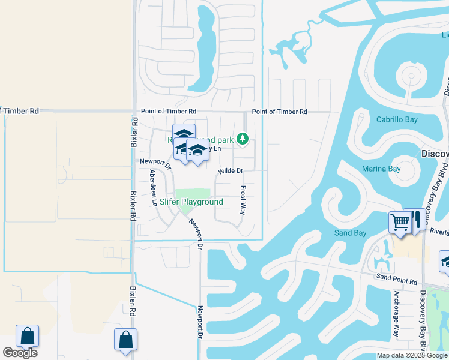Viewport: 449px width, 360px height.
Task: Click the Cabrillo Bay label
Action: (397, 120)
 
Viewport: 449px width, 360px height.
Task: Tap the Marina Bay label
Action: (381, 169)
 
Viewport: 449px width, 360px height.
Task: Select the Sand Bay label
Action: (350, 233)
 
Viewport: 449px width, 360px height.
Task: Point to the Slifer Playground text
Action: (191, 202)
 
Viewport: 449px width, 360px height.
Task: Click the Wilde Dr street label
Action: (230, 171)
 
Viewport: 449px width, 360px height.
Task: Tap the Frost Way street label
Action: (243, 200)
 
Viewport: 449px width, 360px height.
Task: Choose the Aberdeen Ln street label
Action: (154, 188)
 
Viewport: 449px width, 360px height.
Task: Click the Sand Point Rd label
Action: (396, 281)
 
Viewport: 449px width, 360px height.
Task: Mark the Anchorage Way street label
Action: (396, 317)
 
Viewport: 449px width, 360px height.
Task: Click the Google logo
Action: (20, 353)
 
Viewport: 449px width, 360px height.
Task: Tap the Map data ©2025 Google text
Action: (412, 355)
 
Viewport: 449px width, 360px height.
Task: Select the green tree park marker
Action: (242, 139)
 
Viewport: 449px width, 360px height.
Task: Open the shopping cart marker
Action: (400, 223)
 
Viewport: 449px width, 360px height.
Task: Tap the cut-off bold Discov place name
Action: (435, 154)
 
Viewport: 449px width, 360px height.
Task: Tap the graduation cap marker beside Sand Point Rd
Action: (445, 261)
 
